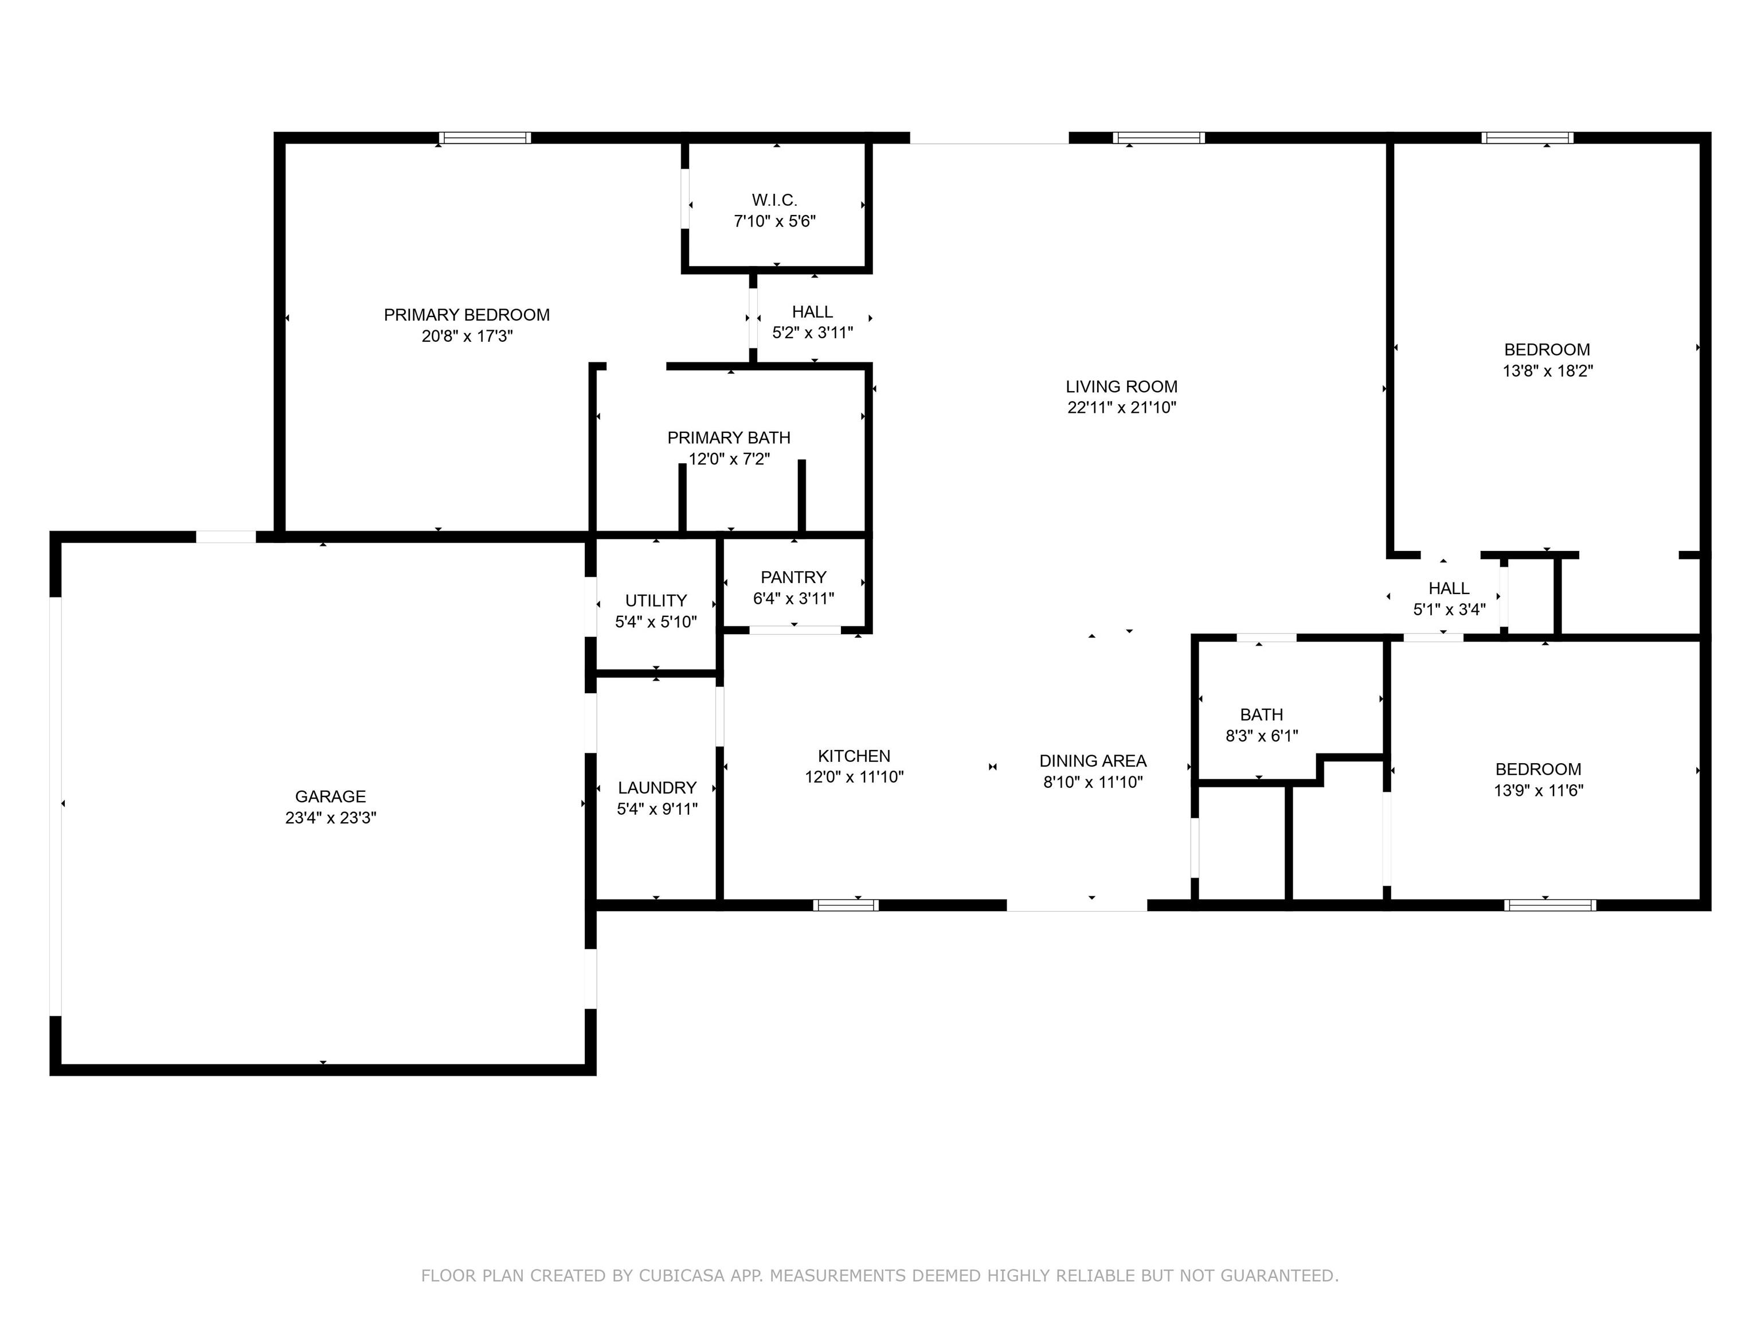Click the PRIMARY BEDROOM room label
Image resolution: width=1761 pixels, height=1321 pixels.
(467, 315)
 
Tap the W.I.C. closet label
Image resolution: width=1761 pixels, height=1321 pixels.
(774, 201)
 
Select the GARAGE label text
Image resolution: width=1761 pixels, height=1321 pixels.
(330, 797)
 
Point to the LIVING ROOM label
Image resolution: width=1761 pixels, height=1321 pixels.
(1122, 387)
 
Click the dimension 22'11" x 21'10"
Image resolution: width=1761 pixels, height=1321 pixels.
(1122, 408)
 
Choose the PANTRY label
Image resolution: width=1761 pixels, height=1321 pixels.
(794, 577)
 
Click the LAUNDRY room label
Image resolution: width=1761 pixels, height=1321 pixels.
(658, 788)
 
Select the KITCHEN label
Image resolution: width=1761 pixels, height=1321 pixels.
(854, 756)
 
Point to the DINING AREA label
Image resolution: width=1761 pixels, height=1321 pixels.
(1093, 761)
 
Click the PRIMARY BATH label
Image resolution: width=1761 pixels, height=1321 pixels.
(729, 438)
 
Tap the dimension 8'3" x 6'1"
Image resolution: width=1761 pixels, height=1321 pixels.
(1262, 736)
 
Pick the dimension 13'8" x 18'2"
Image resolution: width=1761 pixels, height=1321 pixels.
(1548, 371)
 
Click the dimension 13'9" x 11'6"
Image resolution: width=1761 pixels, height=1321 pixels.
(1539, 791)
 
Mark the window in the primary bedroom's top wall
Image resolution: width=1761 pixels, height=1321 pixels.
(485, 138)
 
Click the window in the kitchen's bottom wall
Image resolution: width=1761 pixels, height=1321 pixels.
(846, 905)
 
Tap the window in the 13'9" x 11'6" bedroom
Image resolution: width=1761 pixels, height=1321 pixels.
(1550, 905)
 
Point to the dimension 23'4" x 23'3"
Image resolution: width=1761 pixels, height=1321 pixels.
(330, 818)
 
